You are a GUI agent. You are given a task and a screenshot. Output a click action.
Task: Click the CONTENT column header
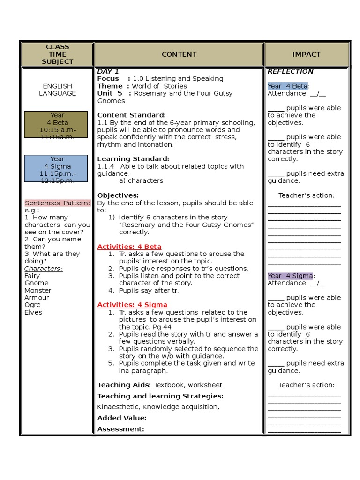tap(179, 54)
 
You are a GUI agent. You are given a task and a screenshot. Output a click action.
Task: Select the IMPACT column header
tap(306, 54)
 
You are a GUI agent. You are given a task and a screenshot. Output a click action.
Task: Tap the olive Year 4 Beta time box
tap(56, 124)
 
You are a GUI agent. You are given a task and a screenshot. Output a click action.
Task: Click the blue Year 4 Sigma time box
tap(56, 168)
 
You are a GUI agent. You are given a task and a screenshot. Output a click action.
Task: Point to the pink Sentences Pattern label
tap(57, 203)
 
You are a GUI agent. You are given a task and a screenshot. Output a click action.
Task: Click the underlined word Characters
tap(43, 269)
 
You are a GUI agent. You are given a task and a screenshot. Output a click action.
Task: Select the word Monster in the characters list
tap(38, 290)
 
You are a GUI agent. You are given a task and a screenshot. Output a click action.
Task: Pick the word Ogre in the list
tap(32, 305)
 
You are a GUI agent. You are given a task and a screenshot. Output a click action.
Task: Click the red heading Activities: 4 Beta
tap(129, 247)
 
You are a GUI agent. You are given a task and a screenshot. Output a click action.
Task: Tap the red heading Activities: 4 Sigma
tap(132, 305)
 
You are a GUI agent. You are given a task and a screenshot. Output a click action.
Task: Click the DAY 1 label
tap(108, 72)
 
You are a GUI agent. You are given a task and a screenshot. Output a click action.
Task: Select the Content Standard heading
tap(131, 115)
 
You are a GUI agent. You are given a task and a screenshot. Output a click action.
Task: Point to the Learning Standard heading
tap(133, 159)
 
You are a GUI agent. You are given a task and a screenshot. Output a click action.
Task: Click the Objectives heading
tap(118, 195)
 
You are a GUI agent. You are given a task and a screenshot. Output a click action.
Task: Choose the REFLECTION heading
tap(290, 72)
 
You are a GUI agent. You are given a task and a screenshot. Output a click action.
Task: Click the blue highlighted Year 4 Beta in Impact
tap(288, 86)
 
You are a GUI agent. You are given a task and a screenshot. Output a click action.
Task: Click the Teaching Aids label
tap(124, 385)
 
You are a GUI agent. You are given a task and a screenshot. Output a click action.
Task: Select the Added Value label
tap(121, 418)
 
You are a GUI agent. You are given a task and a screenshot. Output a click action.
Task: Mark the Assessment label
tap(120, 429)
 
